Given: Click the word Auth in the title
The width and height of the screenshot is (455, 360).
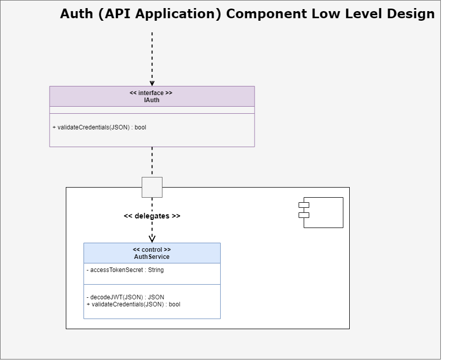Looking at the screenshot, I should point(77,14).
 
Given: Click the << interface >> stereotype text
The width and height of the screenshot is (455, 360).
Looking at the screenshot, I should point(151,93).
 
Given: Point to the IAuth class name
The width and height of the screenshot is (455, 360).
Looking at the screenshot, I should point(152,100).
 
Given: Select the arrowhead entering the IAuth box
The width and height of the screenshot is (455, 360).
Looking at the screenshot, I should point(152,83).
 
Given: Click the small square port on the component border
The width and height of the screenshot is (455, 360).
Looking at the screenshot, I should point(152,187).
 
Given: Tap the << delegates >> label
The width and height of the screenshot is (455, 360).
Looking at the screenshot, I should point(152,216).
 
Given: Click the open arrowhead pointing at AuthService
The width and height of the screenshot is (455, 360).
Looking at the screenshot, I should point(152,238).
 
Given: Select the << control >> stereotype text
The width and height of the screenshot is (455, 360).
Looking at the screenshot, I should point(152,250).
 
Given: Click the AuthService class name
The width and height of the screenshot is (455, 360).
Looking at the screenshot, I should point(152,257).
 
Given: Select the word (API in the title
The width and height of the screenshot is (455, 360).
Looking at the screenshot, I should point(110,14).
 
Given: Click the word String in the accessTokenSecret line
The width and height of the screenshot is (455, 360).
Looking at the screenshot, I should point(156,270).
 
